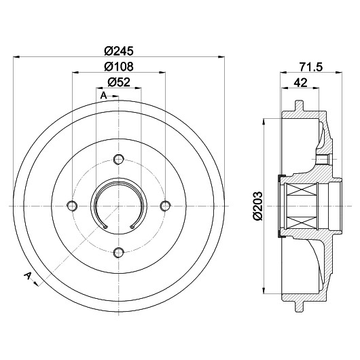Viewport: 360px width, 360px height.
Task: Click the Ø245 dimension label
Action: tap(119, 51)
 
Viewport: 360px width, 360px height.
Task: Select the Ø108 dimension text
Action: tap(119, 67)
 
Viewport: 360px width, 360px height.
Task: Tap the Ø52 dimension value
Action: tap(119, 82)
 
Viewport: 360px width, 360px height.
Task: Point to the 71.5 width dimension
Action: tap(311, 67)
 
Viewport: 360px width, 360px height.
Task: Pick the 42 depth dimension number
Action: tap(300, 82)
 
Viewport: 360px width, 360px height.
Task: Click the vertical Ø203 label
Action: tap(258, 206)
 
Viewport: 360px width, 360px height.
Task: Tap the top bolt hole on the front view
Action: tap(119, 160)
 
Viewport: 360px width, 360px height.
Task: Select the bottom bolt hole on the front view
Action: tap(119, 253)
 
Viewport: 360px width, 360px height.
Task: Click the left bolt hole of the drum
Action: tap(72, 206)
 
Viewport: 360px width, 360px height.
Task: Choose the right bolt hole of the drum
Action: tap(165, 206)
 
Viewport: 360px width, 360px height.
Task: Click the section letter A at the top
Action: tap(103, 96)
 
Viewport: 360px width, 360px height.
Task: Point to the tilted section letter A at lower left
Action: tap(28, 276)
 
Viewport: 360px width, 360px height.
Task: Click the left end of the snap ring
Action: tap(105, 227)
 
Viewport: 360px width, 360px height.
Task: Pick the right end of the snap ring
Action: tap(132, 227)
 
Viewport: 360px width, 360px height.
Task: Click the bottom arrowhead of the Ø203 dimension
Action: tap(264, 290)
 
